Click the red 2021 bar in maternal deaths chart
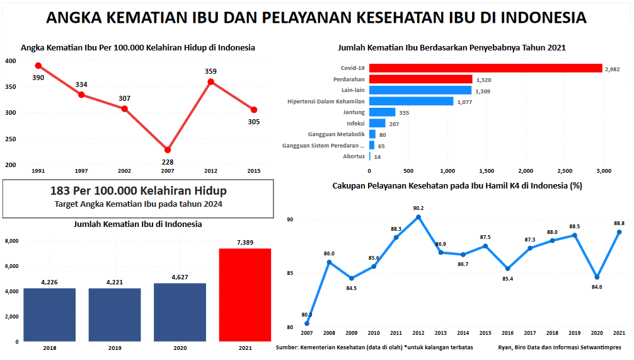(x=245, y=294)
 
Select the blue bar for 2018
(x=49, y=315)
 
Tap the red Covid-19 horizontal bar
(x=485, y=68)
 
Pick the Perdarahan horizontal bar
(x=420, y=79)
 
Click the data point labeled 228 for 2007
(x=168, y=150)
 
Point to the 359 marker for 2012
(x=210, y=81)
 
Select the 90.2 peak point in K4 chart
(x=418, y=217)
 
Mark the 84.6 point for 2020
(x=597, y=277)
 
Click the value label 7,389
(x=245, y=242)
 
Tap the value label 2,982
(x=613, y=69)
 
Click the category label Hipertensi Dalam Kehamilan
(x=326, y=101)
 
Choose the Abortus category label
(x=354, y=156)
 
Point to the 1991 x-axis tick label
(x=38, y=171)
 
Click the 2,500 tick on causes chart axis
(x=565, y=171)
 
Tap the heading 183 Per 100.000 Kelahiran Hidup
(x=138, y=190)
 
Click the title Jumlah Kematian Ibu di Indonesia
(x=138, y=224)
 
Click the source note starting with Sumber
(x=374, y=347)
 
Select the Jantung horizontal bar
(x=382, y=112)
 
